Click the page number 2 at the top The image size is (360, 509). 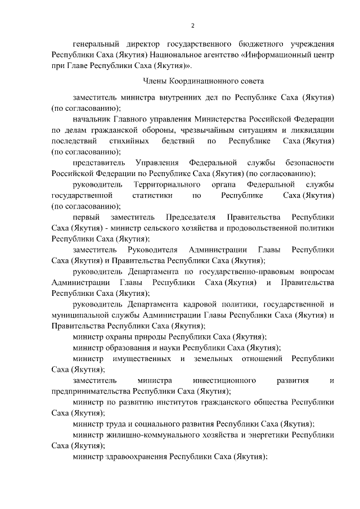(x=192, y=25)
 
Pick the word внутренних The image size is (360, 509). (x=184, y=97)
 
